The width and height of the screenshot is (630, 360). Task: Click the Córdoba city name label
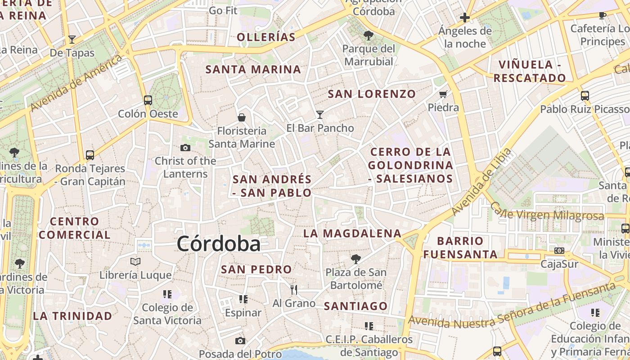[219, 244]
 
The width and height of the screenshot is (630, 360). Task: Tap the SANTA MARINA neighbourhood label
[253, 69]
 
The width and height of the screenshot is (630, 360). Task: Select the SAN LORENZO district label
[372, 94]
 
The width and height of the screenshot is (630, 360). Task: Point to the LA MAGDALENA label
[352, 233]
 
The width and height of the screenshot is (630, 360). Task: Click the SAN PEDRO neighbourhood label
[256, 270]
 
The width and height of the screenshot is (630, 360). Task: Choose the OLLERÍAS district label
[266, 37]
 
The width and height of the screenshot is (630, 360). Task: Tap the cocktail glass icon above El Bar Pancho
[320, 115]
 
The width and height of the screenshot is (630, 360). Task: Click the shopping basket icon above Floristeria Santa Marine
[242, 117]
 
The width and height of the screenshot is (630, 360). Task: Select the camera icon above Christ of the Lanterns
[185, 148]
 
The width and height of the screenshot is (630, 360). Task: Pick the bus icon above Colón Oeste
[148, 100]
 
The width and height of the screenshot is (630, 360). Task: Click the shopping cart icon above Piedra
[443, 94]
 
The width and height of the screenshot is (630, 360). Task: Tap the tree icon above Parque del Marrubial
[369, 35]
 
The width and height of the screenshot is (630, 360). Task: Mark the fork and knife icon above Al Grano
[294, 289]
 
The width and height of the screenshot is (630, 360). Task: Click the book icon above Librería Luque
[135, 261]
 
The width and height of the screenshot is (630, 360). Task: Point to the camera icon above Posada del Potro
[240, 341]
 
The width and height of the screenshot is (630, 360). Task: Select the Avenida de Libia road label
[482, 182]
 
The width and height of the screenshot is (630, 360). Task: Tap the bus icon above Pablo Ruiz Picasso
[585, 95]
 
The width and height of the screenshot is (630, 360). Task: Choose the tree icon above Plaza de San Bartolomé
[356, 259]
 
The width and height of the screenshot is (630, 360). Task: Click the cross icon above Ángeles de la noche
[465, 18]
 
